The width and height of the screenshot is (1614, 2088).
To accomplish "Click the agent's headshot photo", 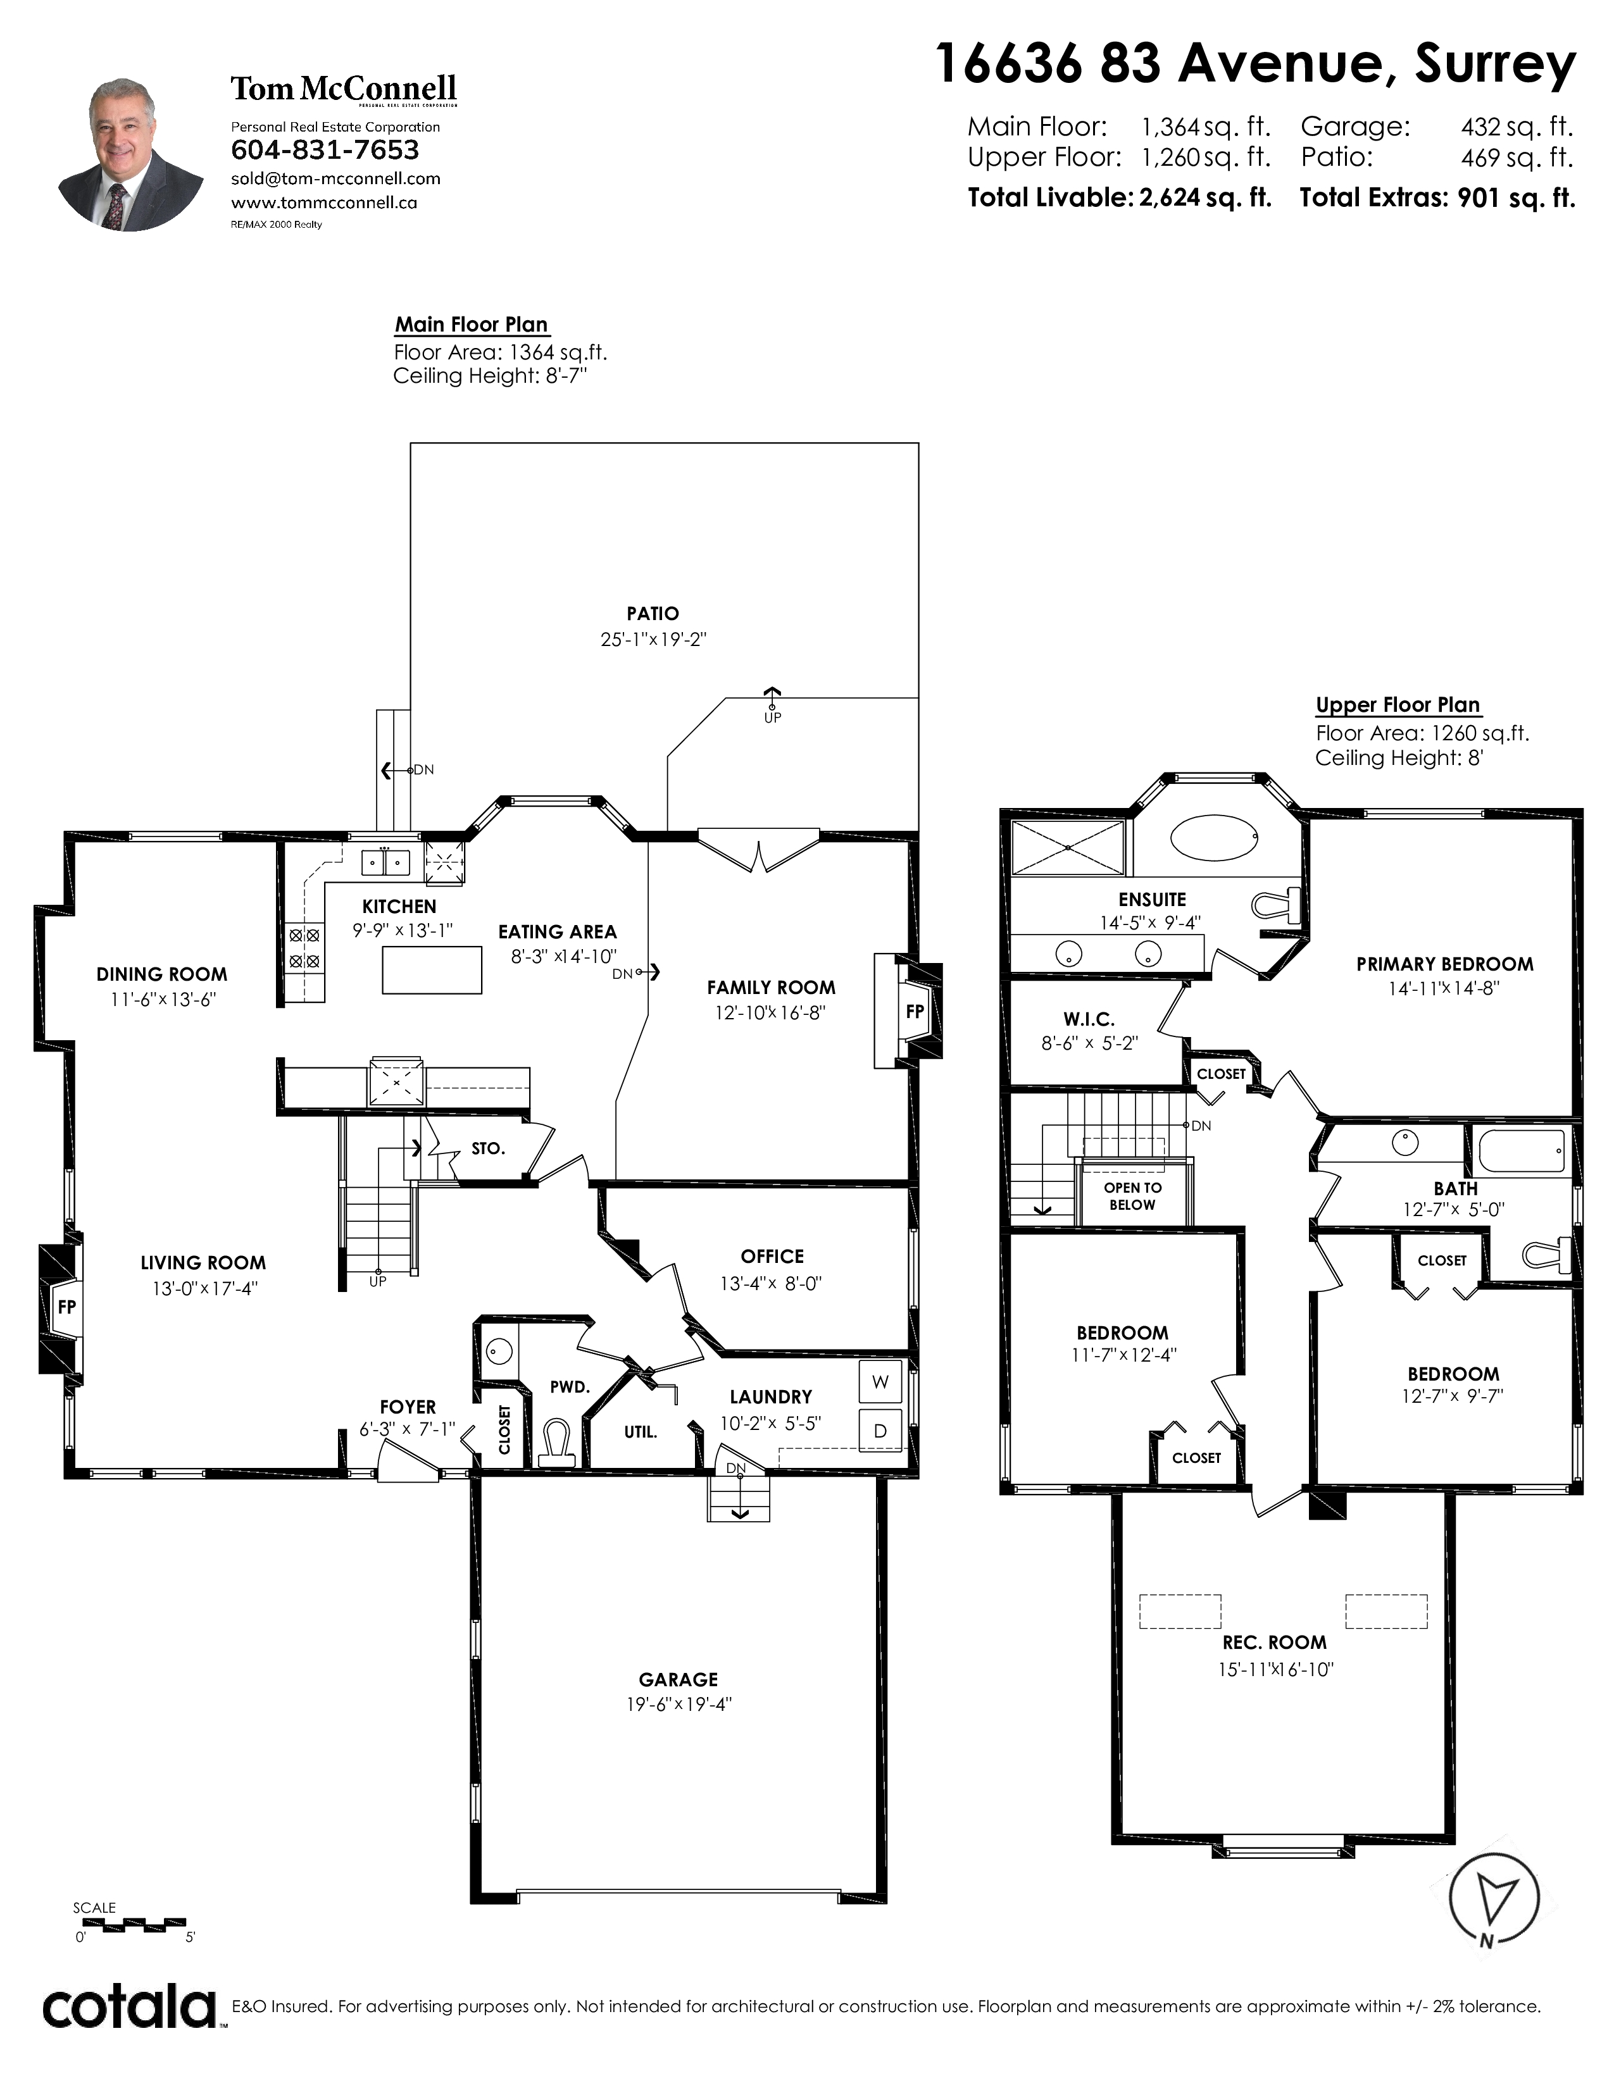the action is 131,155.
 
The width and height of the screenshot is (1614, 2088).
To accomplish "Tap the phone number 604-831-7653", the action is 325,150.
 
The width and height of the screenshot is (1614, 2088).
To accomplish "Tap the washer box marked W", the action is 880,1381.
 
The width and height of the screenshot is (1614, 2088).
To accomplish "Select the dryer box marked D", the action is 880,1431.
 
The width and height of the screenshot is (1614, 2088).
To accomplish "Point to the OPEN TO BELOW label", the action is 1133,1196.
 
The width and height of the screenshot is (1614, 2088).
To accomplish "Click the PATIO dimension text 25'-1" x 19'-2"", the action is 653,640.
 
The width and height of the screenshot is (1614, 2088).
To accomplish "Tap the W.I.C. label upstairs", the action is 1089,1019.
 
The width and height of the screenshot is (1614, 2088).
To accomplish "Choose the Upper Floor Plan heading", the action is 1398,705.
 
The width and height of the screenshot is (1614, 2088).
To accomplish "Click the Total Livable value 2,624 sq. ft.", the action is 1204,198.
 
